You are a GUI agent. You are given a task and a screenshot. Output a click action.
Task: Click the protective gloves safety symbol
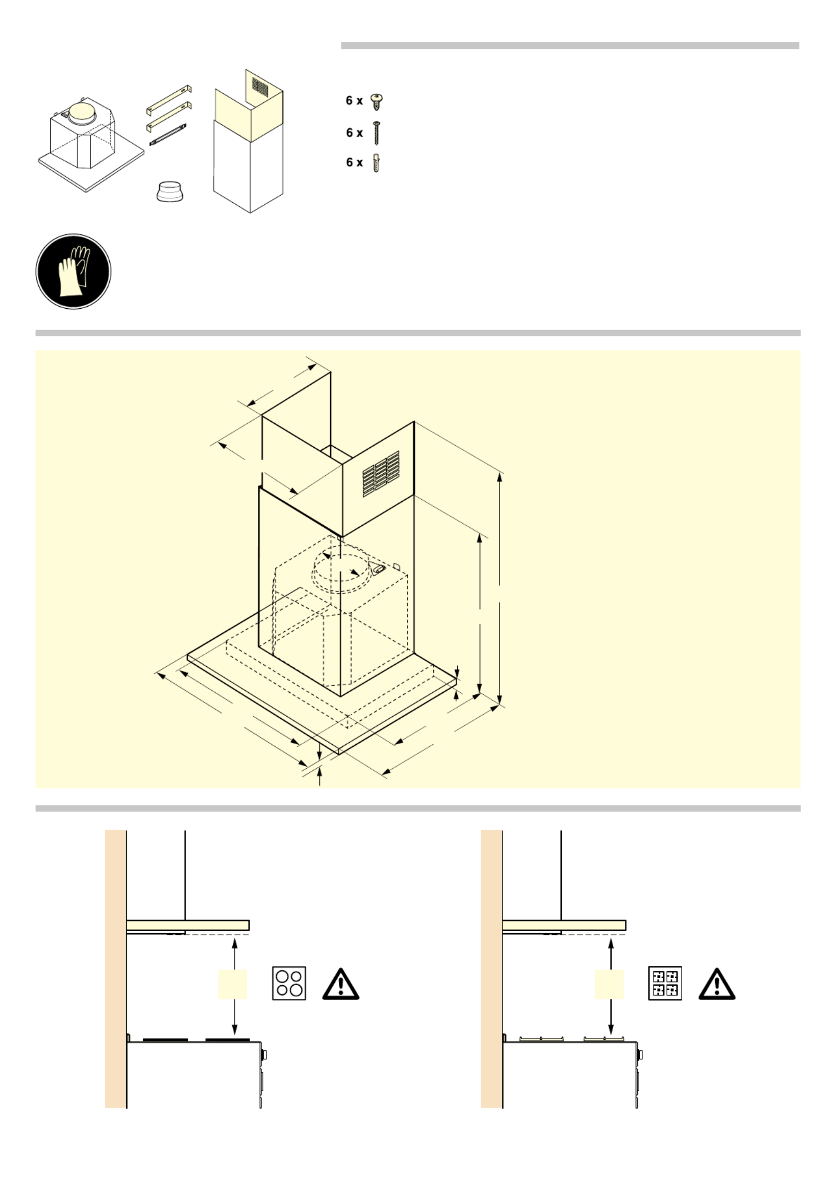point(73,272)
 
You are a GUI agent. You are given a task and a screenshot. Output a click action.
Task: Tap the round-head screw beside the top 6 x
point(377,101)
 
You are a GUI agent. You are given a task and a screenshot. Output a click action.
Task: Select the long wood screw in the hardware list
point(377,133)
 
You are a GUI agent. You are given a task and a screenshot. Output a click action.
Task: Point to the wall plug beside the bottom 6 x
point(376,164)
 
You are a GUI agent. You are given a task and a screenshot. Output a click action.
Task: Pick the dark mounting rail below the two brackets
point(168,135)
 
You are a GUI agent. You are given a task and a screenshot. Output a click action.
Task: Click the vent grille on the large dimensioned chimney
point(381,474)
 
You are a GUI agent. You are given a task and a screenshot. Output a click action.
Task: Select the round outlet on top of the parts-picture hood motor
point(83,111)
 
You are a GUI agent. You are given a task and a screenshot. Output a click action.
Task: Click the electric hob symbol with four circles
point(289,983)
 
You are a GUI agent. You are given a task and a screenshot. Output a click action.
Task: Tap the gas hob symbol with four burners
point(665,983)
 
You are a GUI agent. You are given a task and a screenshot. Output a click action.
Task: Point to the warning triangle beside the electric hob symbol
point(341,984)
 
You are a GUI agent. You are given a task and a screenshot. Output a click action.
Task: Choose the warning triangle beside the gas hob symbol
point(717,984)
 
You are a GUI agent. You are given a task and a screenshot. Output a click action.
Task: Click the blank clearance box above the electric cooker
point(233,985)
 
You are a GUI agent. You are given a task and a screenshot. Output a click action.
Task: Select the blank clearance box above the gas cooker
point(609,985)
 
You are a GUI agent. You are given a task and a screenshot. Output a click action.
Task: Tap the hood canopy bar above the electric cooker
point(188,926)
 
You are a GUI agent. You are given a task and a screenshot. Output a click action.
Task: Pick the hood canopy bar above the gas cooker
point(564,926)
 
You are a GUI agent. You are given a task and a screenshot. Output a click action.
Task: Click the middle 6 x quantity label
point(354,133)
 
